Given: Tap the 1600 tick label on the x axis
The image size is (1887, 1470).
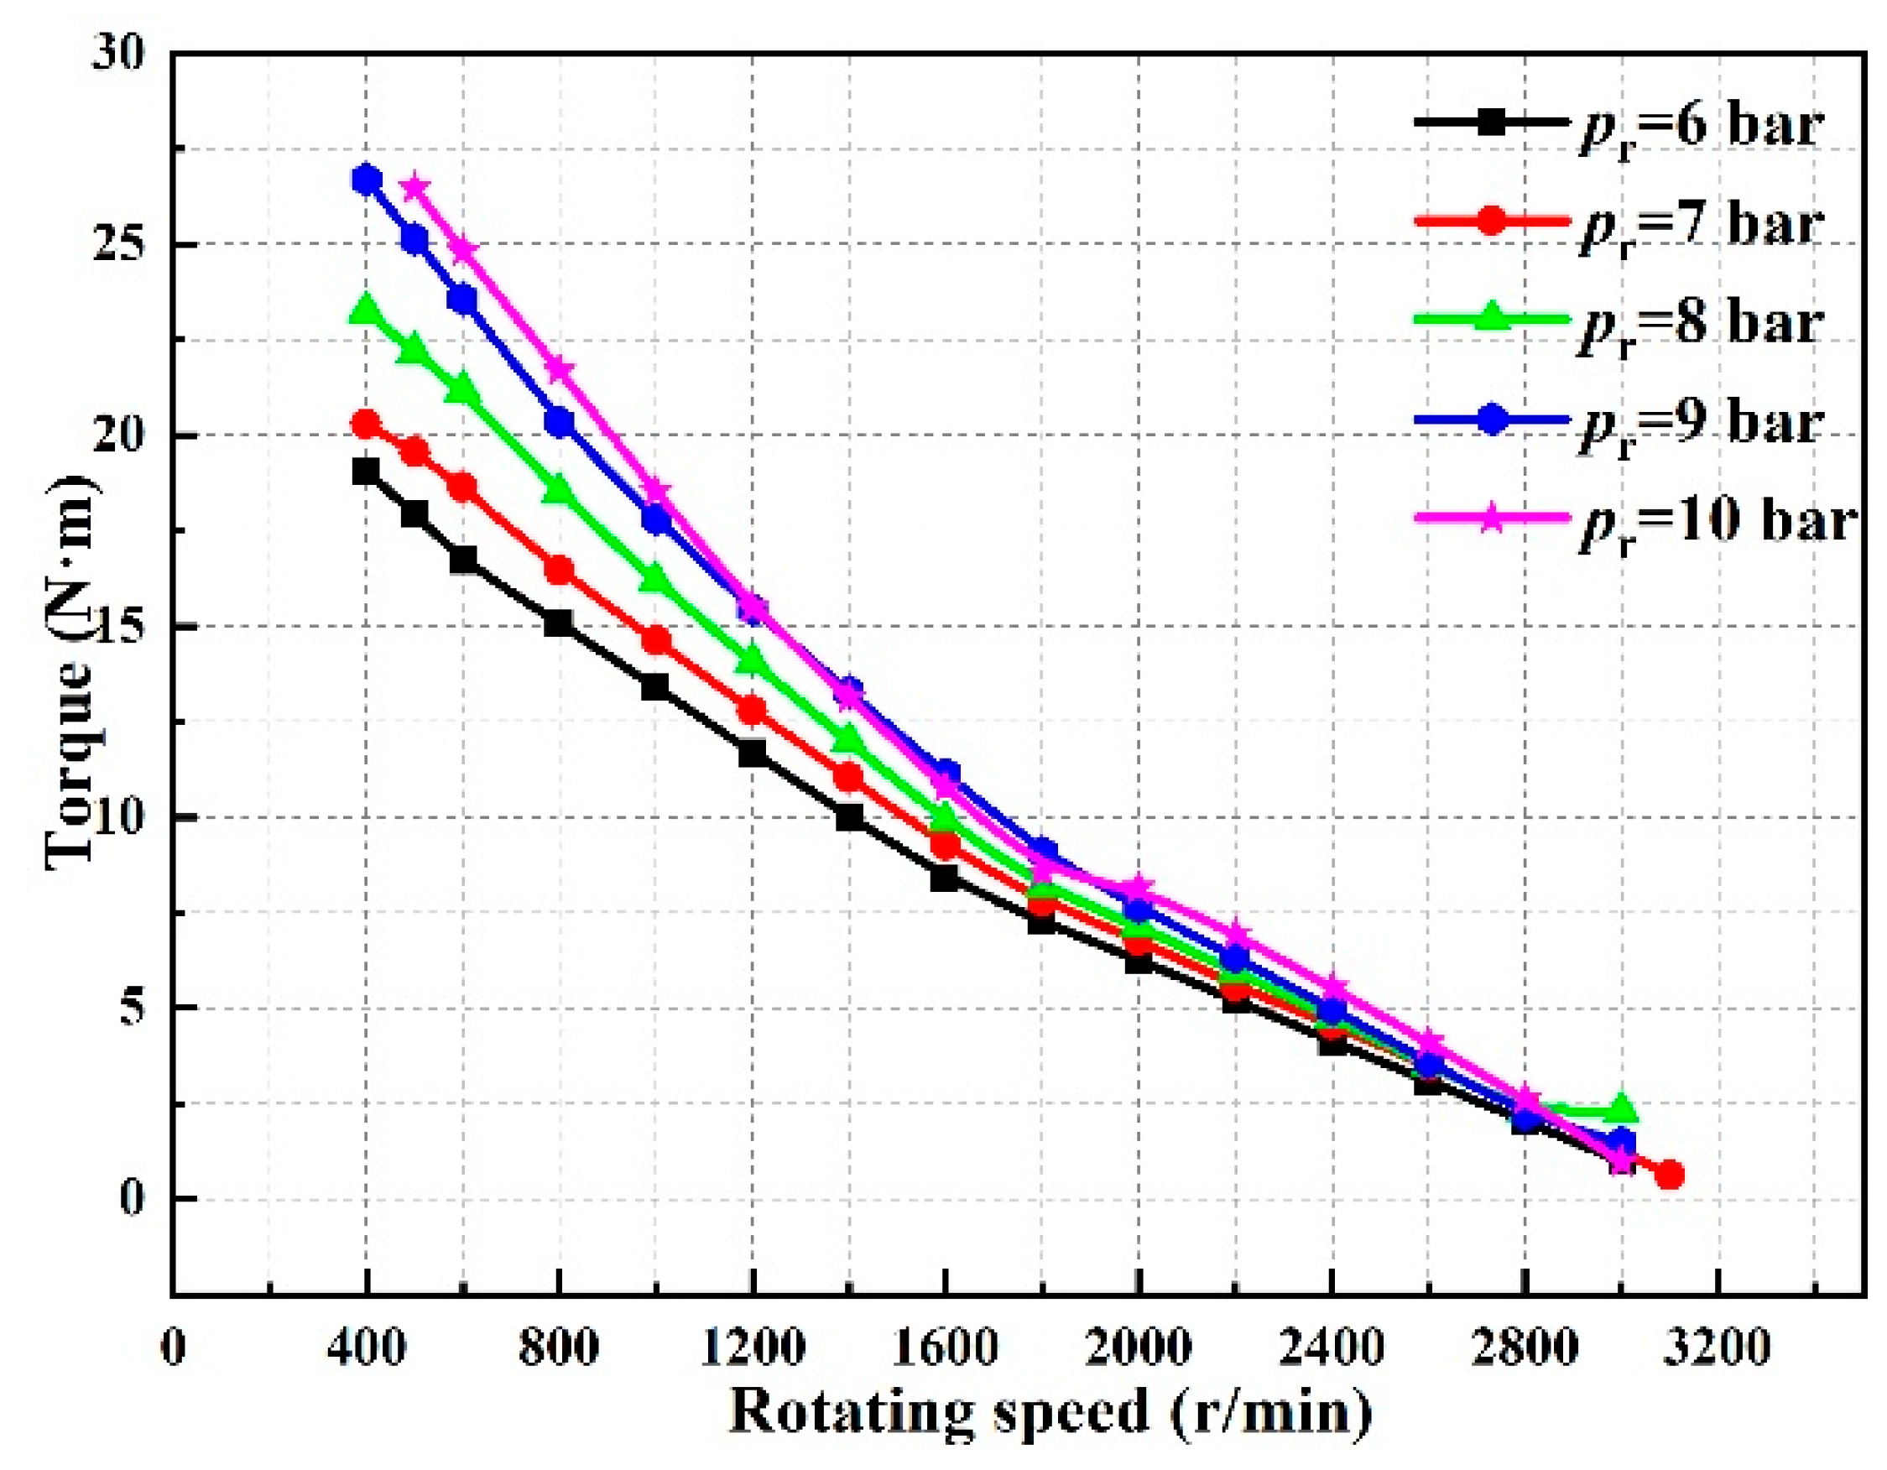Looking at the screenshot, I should tap(945, 1347).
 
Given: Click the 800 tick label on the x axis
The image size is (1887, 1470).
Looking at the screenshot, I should tap(558, 1347).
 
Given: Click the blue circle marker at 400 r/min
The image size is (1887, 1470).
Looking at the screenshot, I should tap(367, 180).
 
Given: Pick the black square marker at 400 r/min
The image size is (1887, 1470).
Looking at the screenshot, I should tap(367, 472).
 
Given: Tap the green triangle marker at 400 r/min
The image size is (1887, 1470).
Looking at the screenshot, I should tap(367, 310).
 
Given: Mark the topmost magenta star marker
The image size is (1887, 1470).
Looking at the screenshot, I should tap(414, 186).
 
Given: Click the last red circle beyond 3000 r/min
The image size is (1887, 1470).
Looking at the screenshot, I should tap(1670, 1175).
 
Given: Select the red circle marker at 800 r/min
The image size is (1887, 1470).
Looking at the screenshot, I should tap(559, 571).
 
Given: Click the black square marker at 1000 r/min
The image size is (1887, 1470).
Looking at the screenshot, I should tap(655, 687).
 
